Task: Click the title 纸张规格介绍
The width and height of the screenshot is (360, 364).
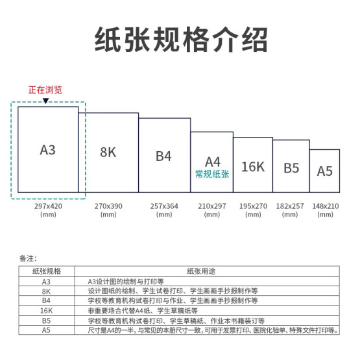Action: (181, 39)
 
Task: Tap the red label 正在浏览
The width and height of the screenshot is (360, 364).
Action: (45, 90)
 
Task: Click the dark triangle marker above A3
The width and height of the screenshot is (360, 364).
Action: (45, 101)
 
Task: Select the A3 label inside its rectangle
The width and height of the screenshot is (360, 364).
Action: (48, 150)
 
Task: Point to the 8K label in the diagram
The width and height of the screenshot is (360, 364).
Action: (108, 152)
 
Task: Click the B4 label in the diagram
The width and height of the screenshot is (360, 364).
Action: (163, 156)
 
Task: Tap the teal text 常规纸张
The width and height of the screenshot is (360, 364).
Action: (212, 174)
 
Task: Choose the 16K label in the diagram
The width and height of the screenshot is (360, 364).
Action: (253, 167)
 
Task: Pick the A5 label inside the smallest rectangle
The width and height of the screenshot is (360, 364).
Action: (325, 171)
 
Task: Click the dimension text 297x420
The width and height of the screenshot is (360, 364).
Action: (48, 206)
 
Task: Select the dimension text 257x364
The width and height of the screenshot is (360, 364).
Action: (164, 206)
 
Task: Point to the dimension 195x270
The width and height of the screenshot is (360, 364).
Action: (253, 206)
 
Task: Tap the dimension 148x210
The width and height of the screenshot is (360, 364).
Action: (326, 206)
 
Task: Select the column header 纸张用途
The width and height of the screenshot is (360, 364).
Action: (201, 271)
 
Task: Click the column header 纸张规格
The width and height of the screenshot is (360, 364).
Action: (47, 271)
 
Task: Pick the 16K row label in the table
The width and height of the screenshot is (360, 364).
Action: (47, 311)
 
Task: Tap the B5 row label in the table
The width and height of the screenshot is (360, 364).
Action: (47, 321)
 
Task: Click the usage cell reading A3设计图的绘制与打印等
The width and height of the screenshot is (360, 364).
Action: (126, 282)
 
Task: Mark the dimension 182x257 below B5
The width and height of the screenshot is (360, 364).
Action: (290, 206)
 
